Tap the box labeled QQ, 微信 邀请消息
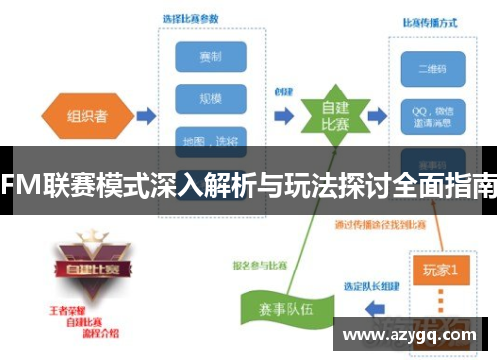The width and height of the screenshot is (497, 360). point(425,109)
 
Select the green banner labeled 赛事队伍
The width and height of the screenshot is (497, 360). point(275,308)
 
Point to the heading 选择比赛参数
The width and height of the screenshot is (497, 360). point(190,18)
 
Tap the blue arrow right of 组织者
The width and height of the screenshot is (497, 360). point(145,116)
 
